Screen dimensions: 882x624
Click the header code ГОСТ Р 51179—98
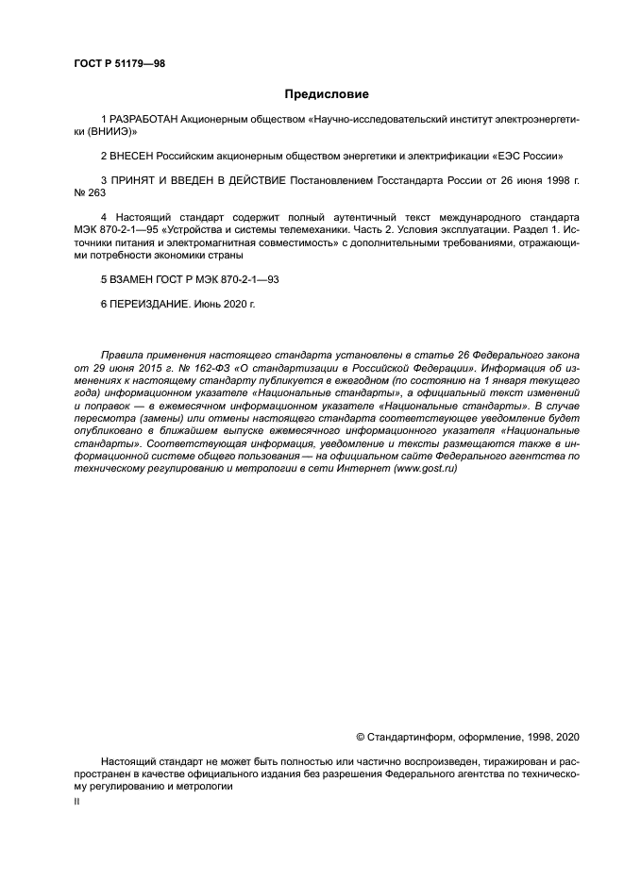pyautogui.click(x=119, y=63)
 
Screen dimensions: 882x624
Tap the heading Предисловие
pyautogui.click(x=327, y=94)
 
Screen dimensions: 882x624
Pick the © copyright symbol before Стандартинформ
pyautogui.click(x=361, y=736)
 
